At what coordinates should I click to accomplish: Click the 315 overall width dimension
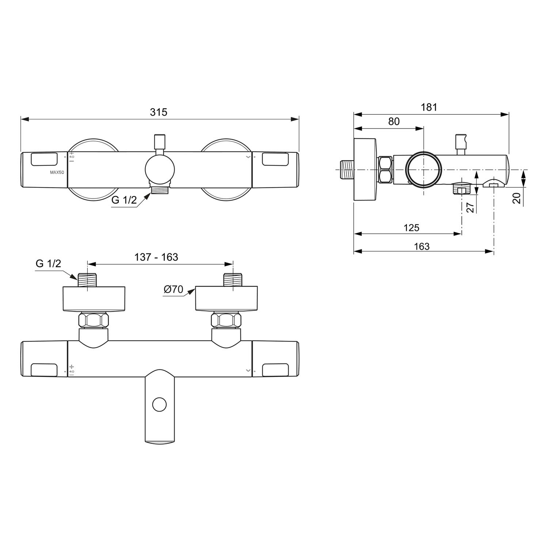[159, 112]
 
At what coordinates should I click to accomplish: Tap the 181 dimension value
[429, 107]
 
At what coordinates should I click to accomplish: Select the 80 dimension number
[394, 121]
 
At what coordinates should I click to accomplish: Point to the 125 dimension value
[411, 228]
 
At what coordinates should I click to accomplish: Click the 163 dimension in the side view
[422, 247]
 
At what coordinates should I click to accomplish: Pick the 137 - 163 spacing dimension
[156, 257]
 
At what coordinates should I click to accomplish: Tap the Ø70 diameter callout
[173, 289]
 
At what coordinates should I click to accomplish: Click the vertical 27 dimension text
[471, 207]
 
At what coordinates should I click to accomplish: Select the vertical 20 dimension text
[517, 198]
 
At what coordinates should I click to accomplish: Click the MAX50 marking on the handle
[57, 172]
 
